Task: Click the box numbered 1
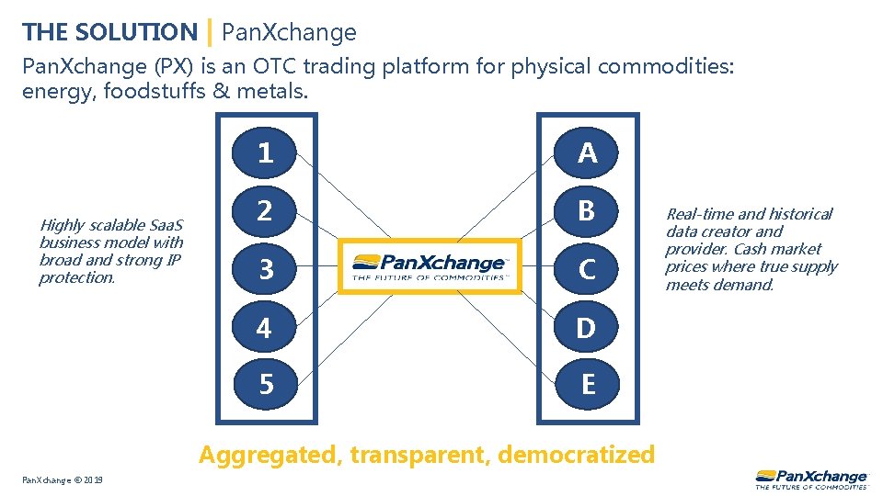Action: click(265, 152)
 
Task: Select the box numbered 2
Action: click(265, 210)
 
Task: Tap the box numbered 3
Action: click(265, 269)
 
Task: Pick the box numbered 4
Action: click(265, 327)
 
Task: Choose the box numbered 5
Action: click(265, 384)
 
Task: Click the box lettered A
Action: click(588, 152)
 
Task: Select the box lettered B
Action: click(588, 210)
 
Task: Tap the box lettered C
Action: click(588, 269)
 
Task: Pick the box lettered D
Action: click(588, 327)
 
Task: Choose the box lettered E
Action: click(588, 384)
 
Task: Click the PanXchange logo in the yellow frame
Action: click(430, 266)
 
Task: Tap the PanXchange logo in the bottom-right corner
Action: click(810, 479)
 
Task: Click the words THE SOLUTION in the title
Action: click(109, 32)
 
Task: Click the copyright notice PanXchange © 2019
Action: click(63, 480)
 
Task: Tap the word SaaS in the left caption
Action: click(166, 225)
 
